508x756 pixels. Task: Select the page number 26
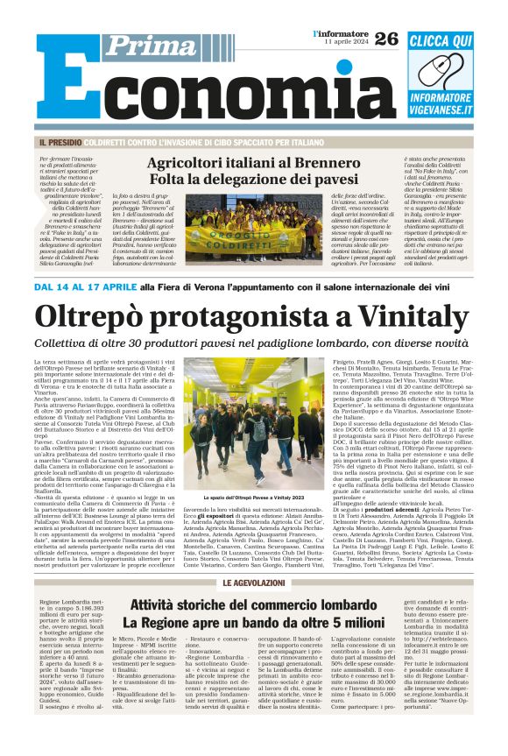pos(386,38)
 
